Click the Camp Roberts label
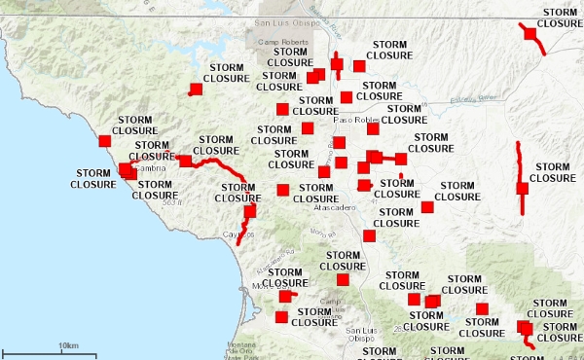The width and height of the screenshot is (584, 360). pos(284,44)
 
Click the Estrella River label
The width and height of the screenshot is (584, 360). pos(474,97)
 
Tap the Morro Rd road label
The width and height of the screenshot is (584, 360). pos(321,232)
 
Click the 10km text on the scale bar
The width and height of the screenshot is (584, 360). pos(67,345)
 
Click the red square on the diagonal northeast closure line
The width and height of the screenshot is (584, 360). pos(531,34)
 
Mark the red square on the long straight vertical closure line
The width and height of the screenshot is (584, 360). pos(522,189)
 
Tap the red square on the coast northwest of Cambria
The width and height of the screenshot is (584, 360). pos(105,140)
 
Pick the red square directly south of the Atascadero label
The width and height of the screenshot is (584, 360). pos(369,235)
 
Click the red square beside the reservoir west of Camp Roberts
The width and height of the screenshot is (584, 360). pos(196,90)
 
